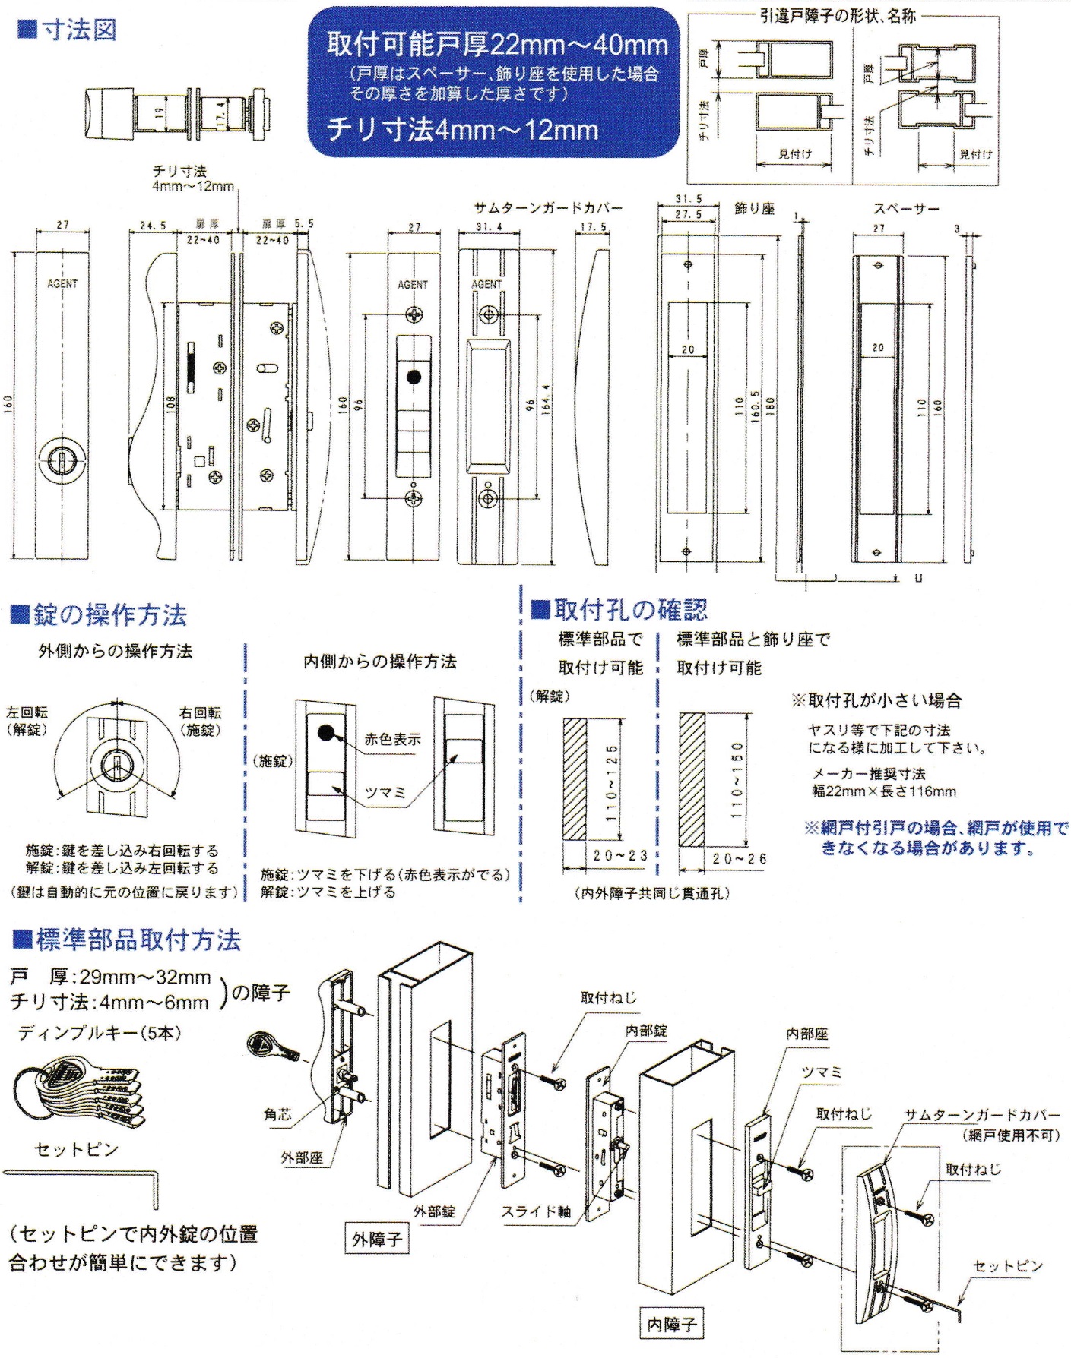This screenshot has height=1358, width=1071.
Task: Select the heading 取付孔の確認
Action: [x=629, y=609]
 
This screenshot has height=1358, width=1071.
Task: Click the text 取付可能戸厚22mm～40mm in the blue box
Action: [x=497, y=45]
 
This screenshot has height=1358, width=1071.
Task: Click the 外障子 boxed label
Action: [x=376, y=1240]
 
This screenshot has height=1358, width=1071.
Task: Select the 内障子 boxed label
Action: [x=671, y=1325]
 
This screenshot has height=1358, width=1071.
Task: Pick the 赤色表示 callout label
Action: [x=392, y=739]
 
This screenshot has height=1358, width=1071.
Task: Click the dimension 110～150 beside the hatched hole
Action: [x=737, y=778]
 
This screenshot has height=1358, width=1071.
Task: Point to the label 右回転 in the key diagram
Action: [x=200, y=712]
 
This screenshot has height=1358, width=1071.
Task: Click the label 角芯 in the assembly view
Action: [x=277, y=1114]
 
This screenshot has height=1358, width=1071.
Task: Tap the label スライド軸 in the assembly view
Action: [x=535, y=1212]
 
